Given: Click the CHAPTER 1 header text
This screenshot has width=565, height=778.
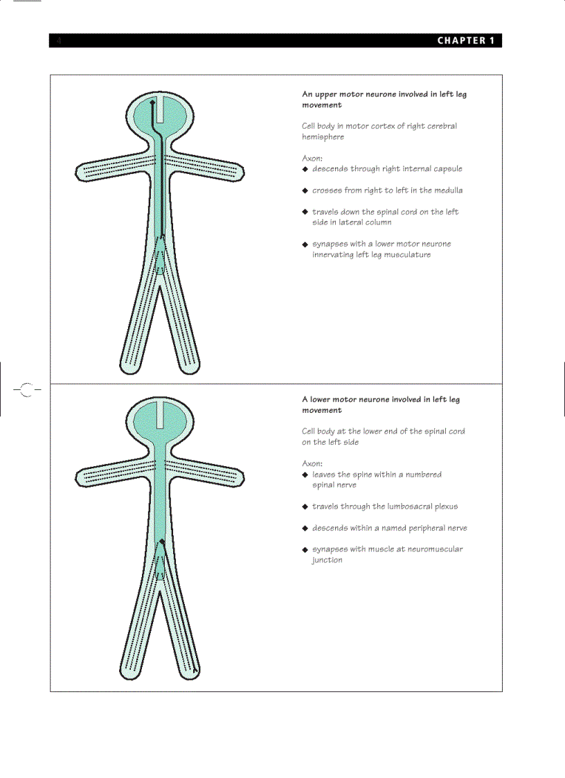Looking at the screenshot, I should [465, 41].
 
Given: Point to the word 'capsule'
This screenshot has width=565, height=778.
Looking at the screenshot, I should [447, 169].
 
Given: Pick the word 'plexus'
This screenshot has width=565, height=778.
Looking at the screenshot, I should [444, 506].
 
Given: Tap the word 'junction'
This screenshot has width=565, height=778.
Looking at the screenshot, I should [327, 560].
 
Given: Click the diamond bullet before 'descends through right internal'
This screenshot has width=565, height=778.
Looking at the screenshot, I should [305, 169].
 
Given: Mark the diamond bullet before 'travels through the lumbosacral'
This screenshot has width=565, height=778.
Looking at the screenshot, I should [305, 507].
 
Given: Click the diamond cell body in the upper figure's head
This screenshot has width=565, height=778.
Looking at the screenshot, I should [152, 103].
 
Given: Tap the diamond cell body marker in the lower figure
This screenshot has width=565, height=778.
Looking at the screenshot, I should [162, 541].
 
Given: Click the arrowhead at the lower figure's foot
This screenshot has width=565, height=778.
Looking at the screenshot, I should [196, 670].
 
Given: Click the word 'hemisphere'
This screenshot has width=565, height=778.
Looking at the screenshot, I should [323, 137].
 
